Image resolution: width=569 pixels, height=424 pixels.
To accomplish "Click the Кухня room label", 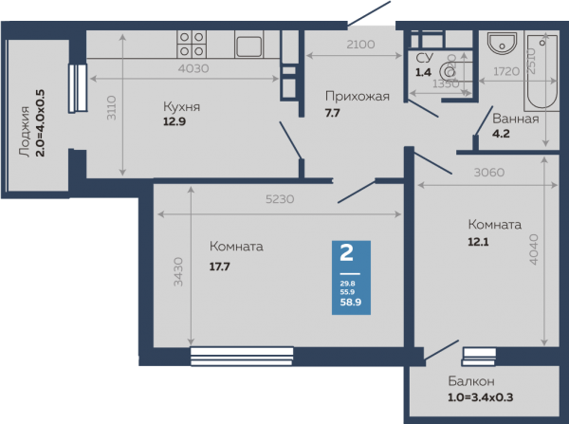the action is click(x=181, y=107).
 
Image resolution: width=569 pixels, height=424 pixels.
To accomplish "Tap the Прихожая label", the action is click(x=358, y=97).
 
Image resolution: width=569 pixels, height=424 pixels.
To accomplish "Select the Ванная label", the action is click(x=515, y=119).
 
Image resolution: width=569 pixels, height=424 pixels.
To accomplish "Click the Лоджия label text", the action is click(x=25, y=132).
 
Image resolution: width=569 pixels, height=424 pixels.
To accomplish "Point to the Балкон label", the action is click(x=471, y=381).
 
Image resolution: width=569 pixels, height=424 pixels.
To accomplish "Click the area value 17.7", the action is click(x=220, y=267).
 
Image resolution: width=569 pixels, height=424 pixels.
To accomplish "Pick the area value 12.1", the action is click(x=478, y=242).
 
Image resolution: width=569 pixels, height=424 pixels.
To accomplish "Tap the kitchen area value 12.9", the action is click(x=174, y=121).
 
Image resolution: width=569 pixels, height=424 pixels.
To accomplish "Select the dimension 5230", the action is click(x=280, y=199).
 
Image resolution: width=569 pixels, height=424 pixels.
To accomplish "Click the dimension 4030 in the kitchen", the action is click(x=193, y=68).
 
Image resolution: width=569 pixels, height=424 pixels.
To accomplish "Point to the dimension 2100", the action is click(x=360, y=45).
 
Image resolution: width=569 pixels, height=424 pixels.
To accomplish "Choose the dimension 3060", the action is click(x=489, y=172).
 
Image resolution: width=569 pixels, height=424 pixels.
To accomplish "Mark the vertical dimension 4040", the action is click(x=533, y=249).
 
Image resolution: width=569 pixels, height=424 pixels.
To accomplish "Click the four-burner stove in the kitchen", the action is click(x=192, y=44).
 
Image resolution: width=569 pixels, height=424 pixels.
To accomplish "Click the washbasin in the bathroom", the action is click(x=502, y=44).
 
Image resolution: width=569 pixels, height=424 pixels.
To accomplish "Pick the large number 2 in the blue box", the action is click(x=346, y=252).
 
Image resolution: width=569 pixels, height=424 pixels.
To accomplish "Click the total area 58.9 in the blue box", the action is click(x=351, y=302).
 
